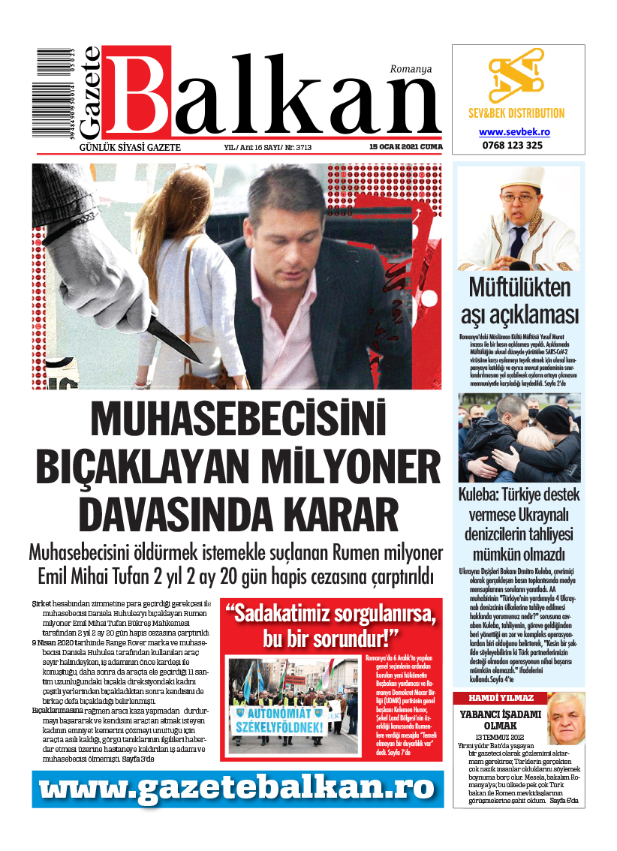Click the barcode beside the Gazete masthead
[x=52, y=95]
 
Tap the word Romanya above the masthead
[x=411, y=68]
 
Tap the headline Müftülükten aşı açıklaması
[x=519, y=299]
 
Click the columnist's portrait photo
[x=565, y=718]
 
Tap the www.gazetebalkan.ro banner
[x=237, y=789]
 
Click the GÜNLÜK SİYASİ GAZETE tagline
[x=129, y=147]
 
